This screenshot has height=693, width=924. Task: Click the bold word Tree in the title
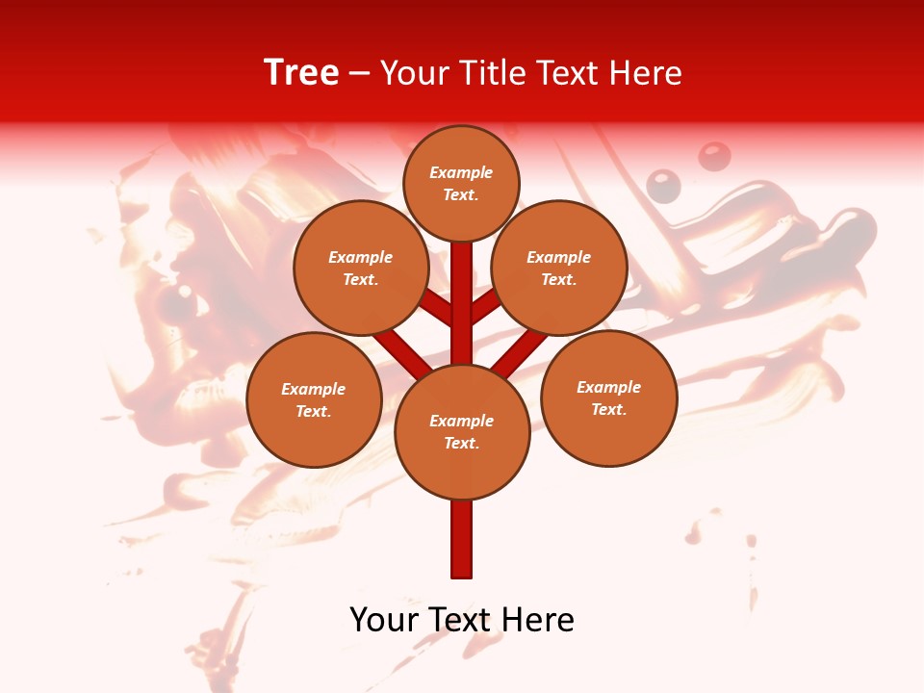tap(301, 73)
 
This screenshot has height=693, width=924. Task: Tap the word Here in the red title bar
tap(646, 73)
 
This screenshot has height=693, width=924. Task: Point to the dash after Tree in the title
tap(360, 74)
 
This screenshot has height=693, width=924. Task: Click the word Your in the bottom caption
tap(383, 620)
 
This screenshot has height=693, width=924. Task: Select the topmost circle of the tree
tap(461, 183)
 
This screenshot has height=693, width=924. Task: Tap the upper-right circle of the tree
tap(559, 268)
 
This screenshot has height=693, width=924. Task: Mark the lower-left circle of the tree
tap(314, 399)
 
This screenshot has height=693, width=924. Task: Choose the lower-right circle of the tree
tap(608, 398)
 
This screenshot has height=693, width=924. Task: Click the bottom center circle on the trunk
tap(462, 431)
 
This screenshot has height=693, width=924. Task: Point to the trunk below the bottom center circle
tap(462, 539)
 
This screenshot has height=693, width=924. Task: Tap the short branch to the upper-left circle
tap(438, 309)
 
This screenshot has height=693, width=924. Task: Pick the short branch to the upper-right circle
tap(485, 307)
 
